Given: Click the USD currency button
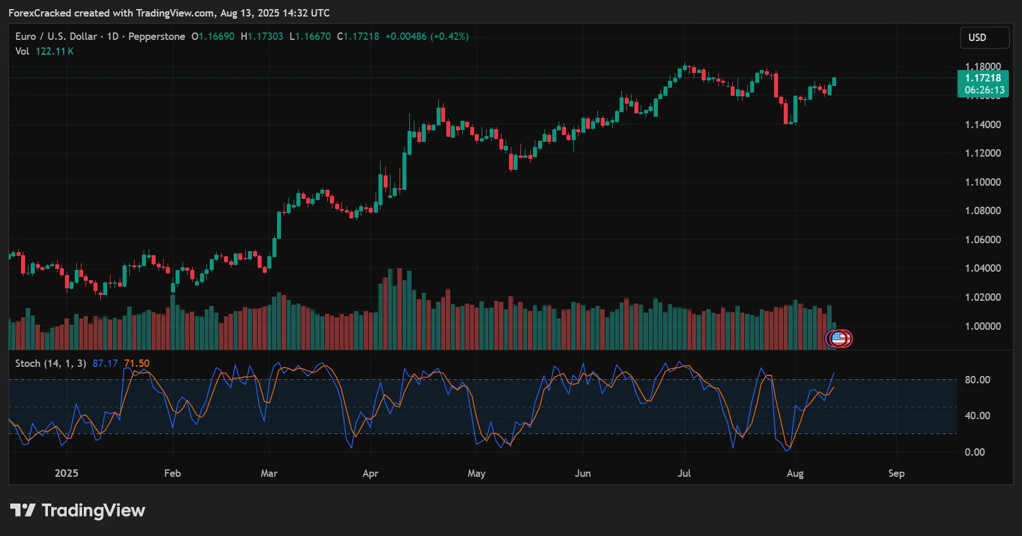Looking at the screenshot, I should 984,38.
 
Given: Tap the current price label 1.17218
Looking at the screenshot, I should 983,78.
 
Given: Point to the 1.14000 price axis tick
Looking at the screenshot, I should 983,125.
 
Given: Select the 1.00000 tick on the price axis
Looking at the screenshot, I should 983,326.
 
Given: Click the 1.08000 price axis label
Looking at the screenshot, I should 983,211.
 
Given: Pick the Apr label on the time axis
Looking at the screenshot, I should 370,473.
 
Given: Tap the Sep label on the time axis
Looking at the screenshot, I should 896,473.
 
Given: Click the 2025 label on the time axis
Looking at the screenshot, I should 66,473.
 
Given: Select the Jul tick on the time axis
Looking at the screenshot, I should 684,473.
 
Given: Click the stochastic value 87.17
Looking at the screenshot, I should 105,363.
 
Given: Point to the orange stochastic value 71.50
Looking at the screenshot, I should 137,363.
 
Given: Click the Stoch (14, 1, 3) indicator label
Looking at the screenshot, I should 51,363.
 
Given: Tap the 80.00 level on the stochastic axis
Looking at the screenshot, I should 977,380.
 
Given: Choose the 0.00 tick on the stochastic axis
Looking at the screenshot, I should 974,452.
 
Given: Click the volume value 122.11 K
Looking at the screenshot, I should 55,51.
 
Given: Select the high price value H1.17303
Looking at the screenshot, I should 262,36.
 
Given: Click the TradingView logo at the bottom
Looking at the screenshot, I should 78,510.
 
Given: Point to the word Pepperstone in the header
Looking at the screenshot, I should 157,36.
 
